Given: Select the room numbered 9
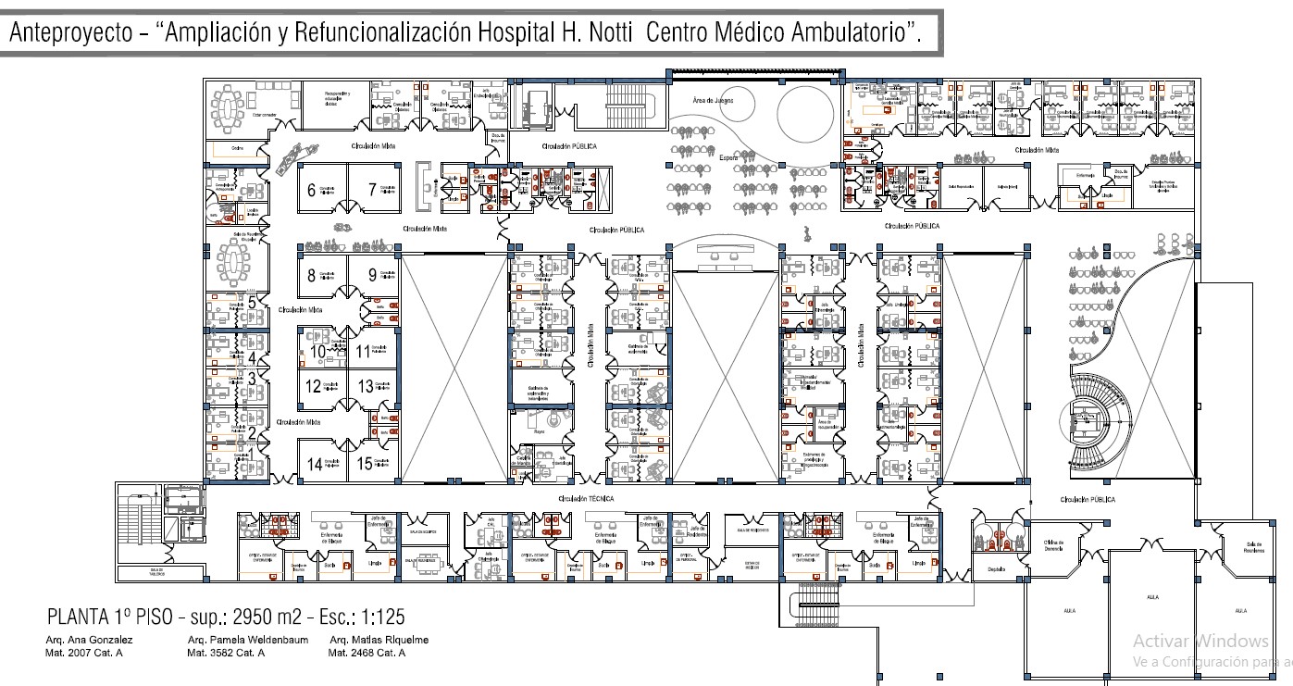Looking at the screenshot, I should (x=372, y=274).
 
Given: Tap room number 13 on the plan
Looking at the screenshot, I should (x=366, y=386).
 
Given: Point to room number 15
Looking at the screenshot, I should (x=366, y=464).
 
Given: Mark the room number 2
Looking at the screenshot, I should (x=252, y=433).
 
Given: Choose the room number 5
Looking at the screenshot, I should (x=252, y=299).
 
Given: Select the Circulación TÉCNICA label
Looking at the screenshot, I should (x=585, y=498).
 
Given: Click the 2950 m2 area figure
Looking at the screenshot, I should (x=253, y=617).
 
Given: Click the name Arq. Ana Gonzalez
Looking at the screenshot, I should (x=89, y=641).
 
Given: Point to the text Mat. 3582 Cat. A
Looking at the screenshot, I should (x=226, y=653).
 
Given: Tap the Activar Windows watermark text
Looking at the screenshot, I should (x=1200, y=641).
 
